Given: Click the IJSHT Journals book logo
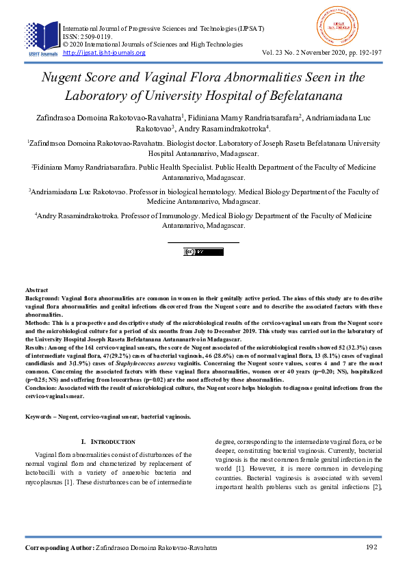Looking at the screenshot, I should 40,38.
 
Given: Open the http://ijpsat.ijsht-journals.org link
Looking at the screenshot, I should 104,53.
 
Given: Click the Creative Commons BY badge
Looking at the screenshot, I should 203,252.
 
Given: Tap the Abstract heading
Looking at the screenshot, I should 37,291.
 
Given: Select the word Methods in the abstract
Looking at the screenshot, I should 38,323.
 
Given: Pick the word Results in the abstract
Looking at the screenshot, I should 38,348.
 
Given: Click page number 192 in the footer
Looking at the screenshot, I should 372,548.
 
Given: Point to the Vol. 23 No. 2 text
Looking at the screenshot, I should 288,53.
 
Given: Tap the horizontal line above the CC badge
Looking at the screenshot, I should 203,242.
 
